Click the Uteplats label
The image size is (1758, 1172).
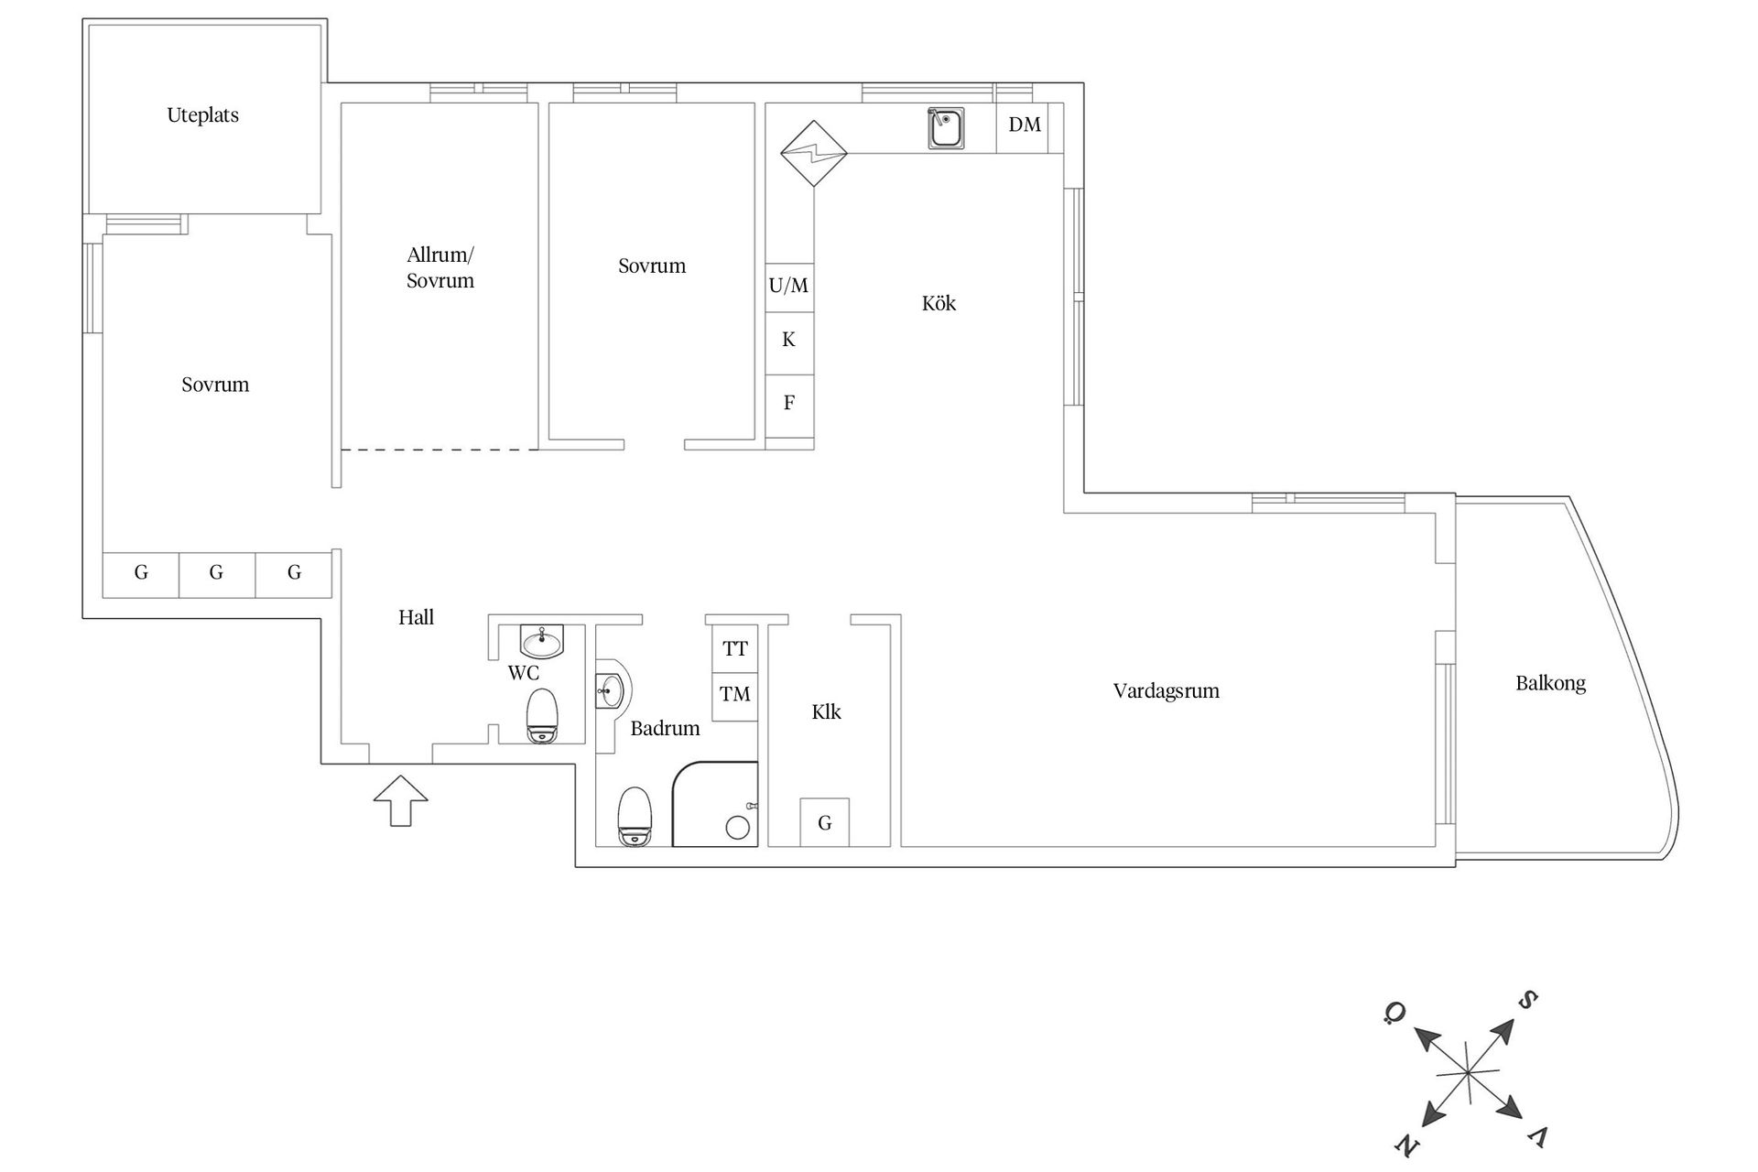point(202,115)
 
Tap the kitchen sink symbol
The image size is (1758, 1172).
point(946,128)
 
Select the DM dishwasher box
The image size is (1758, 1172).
point(1025,125)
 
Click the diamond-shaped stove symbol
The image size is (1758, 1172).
point(813,154)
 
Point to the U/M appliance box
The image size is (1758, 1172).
point(788,287)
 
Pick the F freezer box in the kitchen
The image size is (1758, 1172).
point(788,403)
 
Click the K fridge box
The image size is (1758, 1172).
point(788,341)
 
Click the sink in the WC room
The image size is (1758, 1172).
point(542,640)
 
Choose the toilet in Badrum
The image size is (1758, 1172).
point(635,817)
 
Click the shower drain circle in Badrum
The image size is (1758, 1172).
point(737,828)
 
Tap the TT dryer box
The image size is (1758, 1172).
point(735,649)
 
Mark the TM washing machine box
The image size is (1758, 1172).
point(735,695)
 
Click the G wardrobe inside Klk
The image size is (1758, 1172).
point(824,823)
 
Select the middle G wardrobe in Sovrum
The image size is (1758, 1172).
point(216,574)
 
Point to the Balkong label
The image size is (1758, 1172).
point(1550,683)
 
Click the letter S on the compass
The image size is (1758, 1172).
point(1527,1000)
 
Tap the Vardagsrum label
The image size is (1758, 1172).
point(1166,691)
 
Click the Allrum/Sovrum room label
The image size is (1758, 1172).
point(440,268)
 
